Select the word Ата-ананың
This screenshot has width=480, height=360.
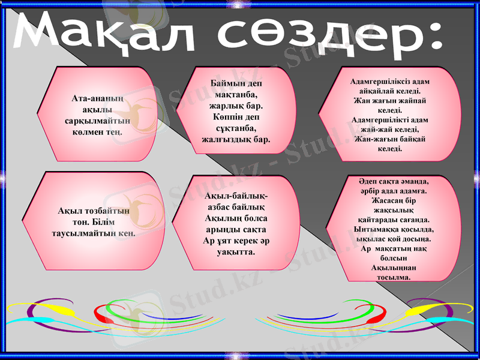click(x=97, y=98)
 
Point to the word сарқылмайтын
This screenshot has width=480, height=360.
click(x=97, y=120)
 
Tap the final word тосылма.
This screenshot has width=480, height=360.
click(x=393, y=277)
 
